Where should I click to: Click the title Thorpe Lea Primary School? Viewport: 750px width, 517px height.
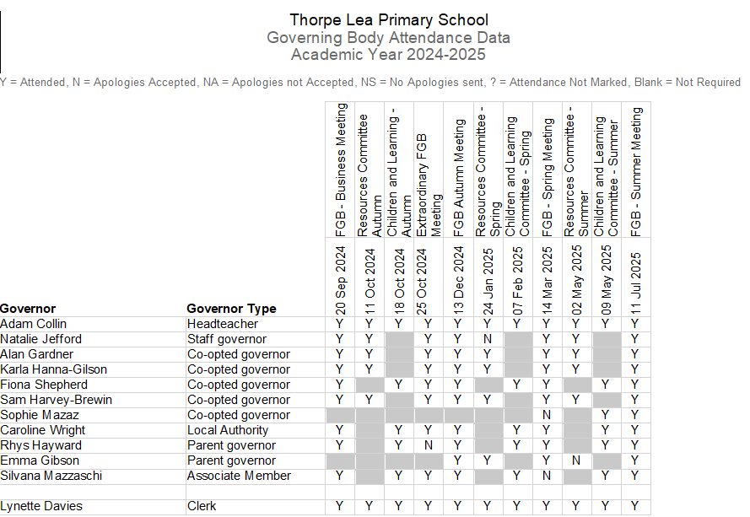tap(388, 20)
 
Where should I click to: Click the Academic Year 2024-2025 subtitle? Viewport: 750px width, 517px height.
tap(388, 55)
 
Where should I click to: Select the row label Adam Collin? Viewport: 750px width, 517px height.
tap(34, 324)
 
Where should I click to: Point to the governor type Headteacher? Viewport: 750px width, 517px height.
tap(223, 324)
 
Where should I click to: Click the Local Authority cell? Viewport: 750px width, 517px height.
tap(228, 430)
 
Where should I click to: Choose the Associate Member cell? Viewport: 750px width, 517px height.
tap(239, 476)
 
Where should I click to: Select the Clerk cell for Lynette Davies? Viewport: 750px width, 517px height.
tap(202, 506)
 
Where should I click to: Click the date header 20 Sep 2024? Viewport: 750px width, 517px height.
tap(340, 279)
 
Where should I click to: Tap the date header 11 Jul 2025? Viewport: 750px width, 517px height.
tap(635, 279)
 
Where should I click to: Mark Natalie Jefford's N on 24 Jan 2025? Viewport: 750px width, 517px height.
tap(488, 339)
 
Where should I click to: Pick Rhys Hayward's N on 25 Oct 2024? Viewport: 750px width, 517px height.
tap(429, 445)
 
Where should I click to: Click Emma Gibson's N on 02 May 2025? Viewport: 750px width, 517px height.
tap(576, 460)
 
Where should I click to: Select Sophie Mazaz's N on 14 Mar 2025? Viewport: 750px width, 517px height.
tap(547, 415)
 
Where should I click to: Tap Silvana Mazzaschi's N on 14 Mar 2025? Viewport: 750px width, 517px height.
tap(547, 476)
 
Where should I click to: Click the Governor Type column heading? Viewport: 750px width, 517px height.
tap(231, 309)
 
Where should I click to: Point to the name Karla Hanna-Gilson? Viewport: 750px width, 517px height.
tap(49, 369)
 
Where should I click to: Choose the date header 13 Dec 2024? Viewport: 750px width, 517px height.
tap(458, 279)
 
